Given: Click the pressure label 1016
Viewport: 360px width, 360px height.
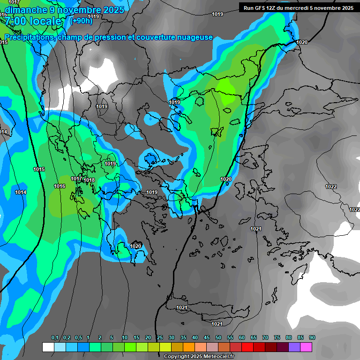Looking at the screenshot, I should (x=60, y=186).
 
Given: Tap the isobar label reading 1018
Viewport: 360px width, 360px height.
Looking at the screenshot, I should (x=90, y=180).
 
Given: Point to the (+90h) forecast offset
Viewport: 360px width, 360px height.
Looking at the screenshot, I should (x=81, y=21).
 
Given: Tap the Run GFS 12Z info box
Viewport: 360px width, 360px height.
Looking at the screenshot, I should (x=298, y=8).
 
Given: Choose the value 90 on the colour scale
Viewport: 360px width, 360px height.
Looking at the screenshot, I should (x=312, y=338).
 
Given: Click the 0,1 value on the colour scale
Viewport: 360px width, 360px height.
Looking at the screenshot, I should (x=55, y=338).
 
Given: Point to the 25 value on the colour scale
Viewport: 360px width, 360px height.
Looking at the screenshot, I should (x=160, y=338).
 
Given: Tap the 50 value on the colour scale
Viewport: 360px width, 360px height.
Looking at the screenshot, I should (x=218, y=338).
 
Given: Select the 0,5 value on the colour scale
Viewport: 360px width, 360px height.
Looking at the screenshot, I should (x=78, y=338).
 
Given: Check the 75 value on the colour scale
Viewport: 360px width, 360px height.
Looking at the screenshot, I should (x=277, y=338).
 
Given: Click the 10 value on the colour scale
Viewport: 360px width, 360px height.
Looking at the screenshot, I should (x=125, y=338).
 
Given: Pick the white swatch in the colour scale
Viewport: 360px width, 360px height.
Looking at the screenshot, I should (x=48, y=347).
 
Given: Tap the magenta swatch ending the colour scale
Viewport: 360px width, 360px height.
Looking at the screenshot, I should (x=306, y=347).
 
